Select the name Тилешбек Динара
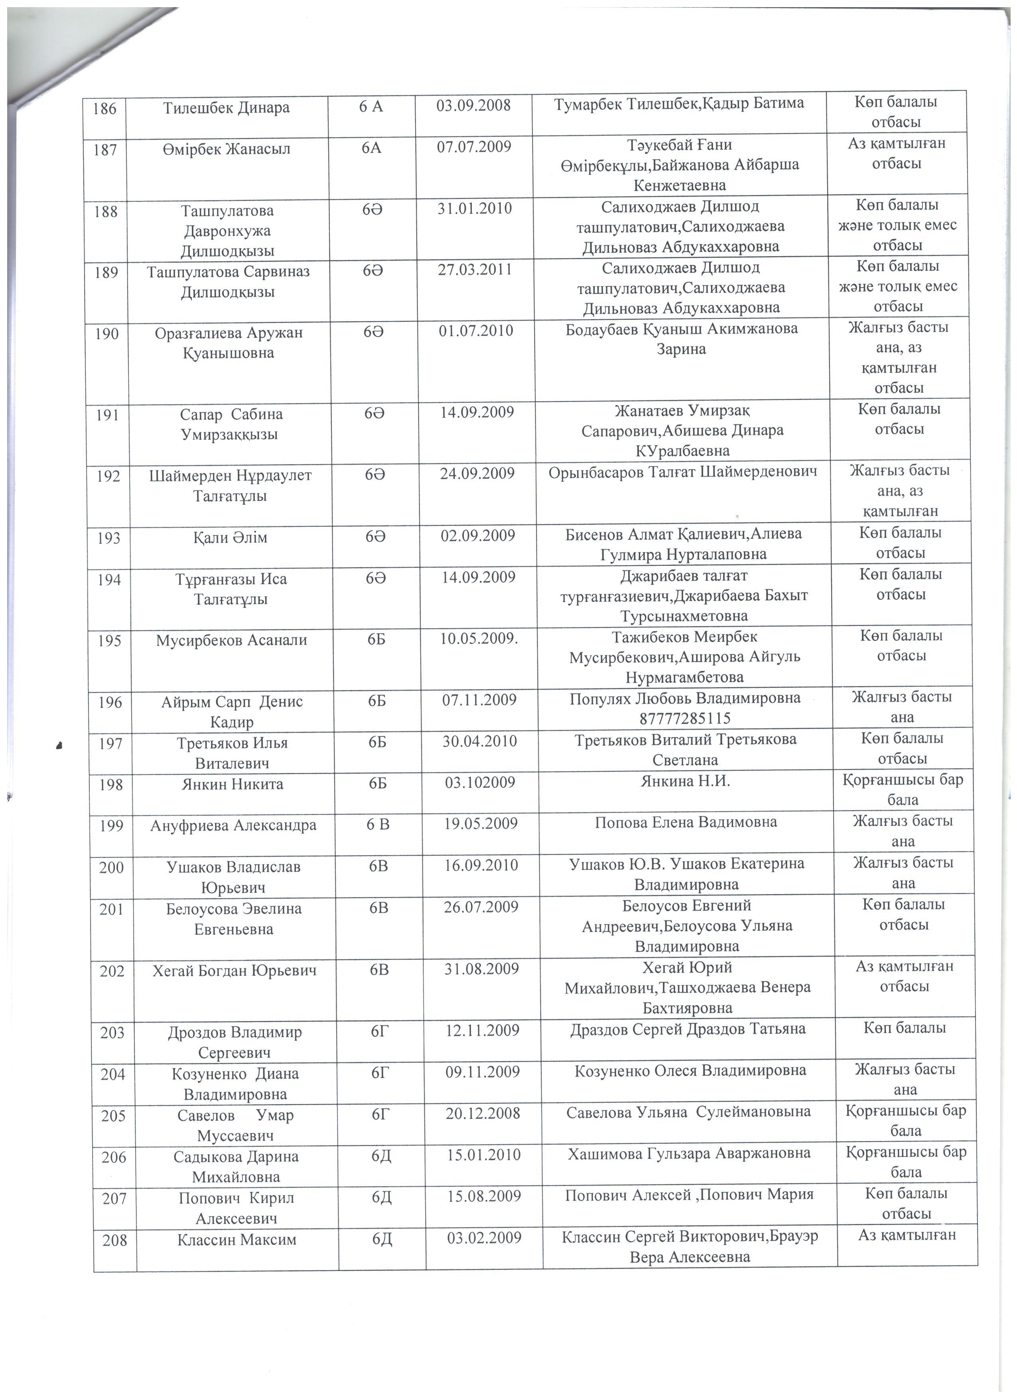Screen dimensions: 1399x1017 coord(227,108)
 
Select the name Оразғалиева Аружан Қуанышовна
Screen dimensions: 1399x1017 coord(229,343)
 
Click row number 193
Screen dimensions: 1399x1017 coord(108,538)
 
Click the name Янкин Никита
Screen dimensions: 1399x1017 coord(233,784)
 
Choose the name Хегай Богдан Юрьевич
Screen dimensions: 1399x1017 coord(235,971)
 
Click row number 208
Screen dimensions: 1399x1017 coord(115,1240)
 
